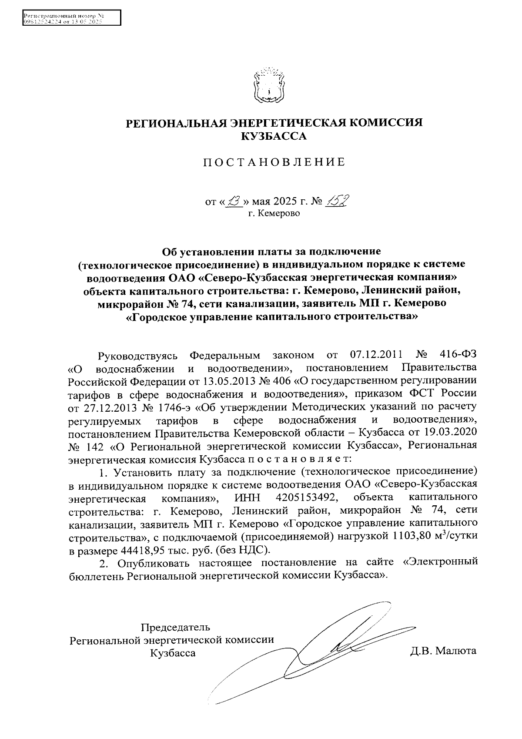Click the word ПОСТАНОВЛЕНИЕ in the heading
point(274,163)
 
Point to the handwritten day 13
point(235,202)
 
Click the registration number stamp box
point(71,18)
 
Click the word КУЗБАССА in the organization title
point(274,136)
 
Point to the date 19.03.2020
point(451,434)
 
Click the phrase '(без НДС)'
point(248,549)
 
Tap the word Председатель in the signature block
point(175,627)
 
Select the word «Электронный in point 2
point(441,562)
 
